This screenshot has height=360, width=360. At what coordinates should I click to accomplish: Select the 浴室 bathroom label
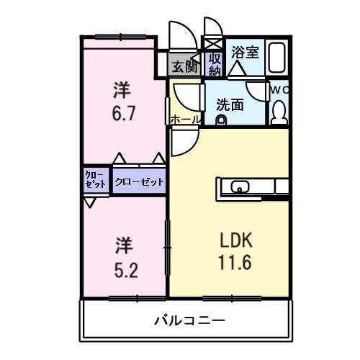245,52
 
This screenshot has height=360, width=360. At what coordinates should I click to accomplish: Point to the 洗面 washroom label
230,104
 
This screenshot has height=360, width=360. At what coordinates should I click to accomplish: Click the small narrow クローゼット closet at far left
95,180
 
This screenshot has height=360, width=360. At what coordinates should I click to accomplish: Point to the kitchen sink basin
240,188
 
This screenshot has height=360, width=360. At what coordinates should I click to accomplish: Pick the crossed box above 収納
214,43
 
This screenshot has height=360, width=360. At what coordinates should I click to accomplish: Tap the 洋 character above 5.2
122,246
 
